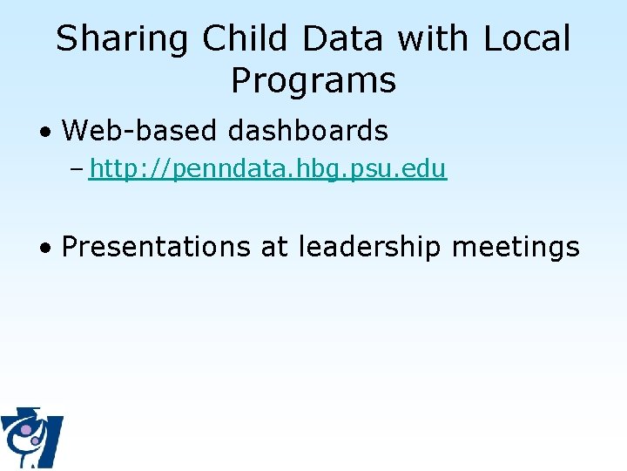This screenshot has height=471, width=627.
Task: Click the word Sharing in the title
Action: point(122,39)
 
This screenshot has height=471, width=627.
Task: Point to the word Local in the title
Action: point(526,39)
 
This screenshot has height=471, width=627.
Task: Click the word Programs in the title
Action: point(313,81)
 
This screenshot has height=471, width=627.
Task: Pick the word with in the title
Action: point(433,39)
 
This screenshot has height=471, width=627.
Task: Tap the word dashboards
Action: point(307,131)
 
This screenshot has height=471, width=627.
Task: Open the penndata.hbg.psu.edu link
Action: point(267,169)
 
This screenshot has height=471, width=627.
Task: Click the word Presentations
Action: point(156,247)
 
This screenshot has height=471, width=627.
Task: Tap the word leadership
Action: point(370,247)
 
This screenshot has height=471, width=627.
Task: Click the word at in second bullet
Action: point(273,247)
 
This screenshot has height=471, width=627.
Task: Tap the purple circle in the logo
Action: point(27,429)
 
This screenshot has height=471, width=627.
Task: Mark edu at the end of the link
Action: point(428,169)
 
